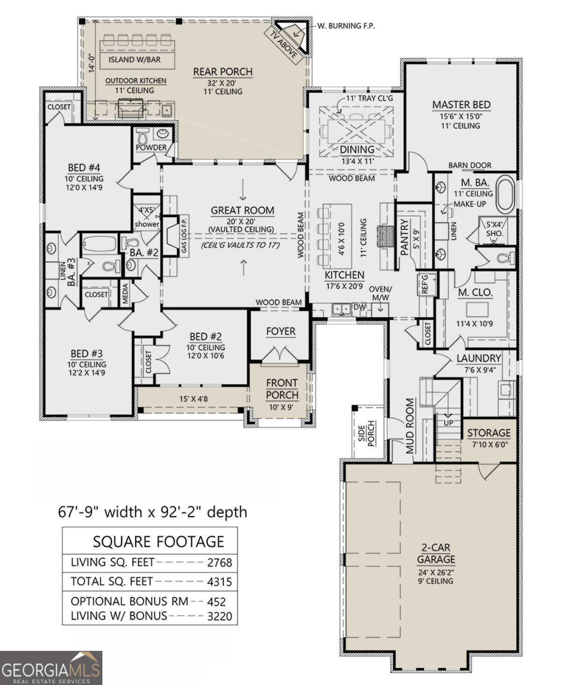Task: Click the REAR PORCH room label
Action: pos(223,72)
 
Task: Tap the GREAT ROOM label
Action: pos(242,210)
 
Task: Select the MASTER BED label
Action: pos(461,105)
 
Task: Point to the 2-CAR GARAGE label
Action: pos(436,553)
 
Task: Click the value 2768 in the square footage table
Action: pos(220,562)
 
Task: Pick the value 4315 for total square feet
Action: pos(220,582)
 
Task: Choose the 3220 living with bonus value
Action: pos(220,616)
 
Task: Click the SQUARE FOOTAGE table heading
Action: pos(158,541)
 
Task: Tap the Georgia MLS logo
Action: pos(51,668)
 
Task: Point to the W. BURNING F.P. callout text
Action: pos(346,26)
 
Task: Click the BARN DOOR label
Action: pos(470,165)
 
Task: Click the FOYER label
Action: pos(280,332)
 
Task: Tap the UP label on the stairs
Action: pos(448,423)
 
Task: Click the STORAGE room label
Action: pos(489,433)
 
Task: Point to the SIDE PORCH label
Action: pos(367,433)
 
